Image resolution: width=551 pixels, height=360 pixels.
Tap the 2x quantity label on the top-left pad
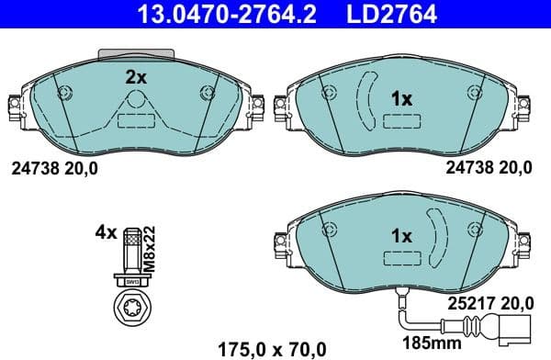[136, 78]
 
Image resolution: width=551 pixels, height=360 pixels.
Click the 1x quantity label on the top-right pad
[401, 98]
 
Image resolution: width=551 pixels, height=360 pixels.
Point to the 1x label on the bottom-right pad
[401, 236]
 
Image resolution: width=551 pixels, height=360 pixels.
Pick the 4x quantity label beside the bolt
[106, 232]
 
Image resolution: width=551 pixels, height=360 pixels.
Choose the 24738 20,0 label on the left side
[53, 168]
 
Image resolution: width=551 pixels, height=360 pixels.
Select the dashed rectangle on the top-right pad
[401, 122]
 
